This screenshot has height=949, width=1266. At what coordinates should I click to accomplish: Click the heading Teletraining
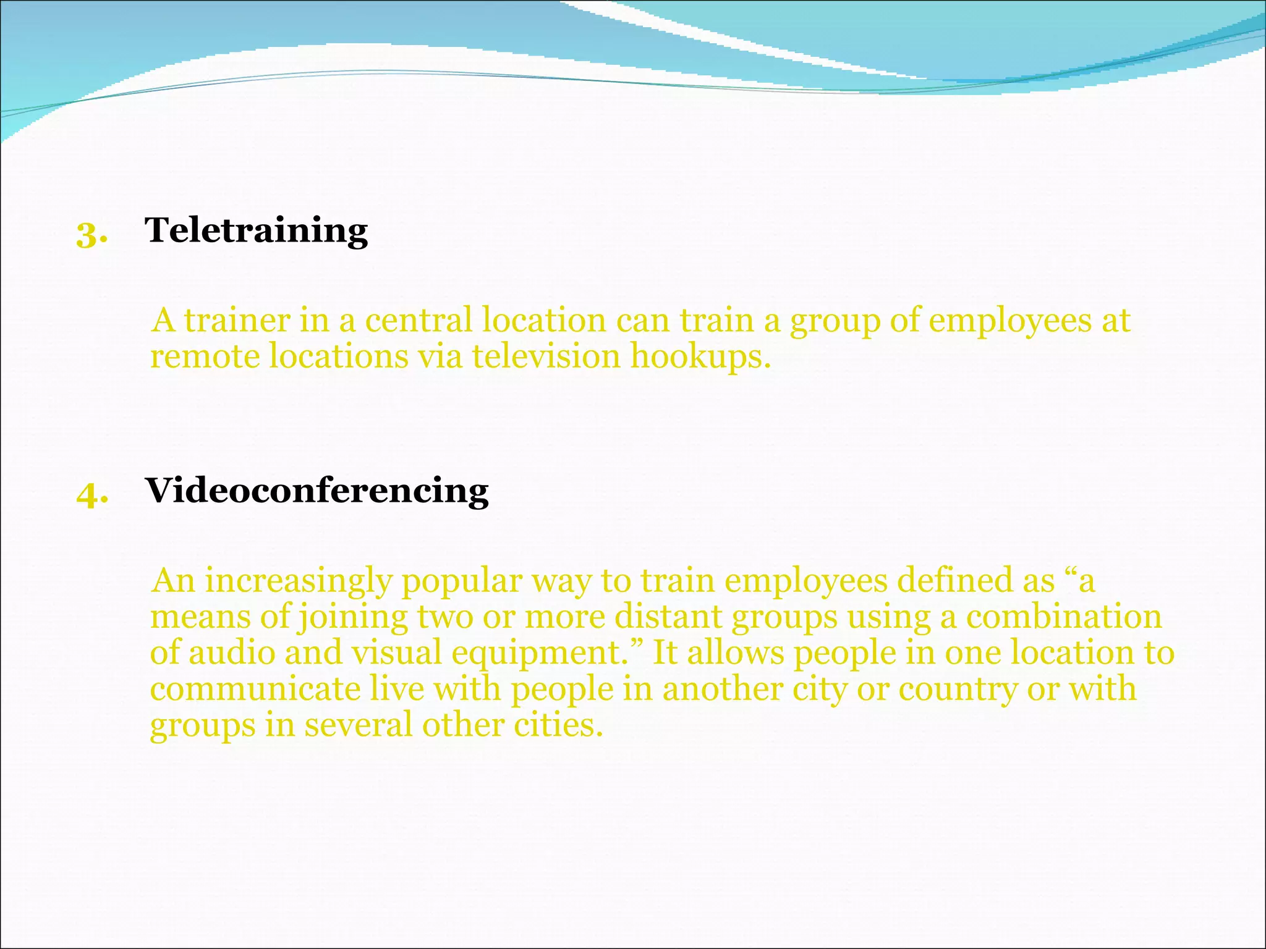(x=256, y=231)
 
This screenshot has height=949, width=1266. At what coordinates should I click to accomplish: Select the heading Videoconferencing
(x=316, y=491)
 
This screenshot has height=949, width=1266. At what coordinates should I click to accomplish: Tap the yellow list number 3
(x=91, y=235)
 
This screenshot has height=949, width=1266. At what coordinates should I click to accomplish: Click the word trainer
(x=237, y=321)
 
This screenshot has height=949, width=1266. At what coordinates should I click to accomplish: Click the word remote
(x=205, y=358)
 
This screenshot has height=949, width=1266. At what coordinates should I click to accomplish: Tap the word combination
(x=1063, y=617)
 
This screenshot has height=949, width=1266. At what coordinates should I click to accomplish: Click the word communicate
(x=255, y=689)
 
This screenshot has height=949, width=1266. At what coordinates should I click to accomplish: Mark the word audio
(x=231, y=653)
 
